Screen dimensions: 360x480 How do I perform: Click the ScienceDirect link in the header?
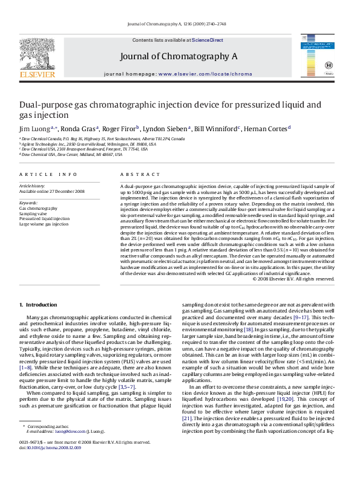click(208, 40)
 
